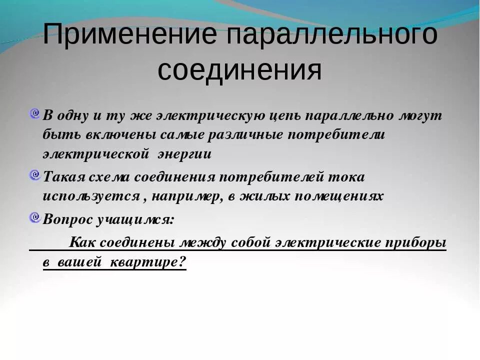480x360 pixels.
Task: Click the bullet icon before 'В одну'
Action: [34, 114]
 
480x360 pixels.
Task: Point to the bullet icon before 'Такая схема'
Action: [34, 175]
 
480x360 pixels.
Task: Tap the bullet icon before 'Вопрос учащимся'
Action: [34, 217]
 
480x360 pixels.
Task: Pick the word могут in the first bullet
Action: [420, 115]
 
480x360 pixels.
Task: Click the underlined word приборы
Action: [416, 242]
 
